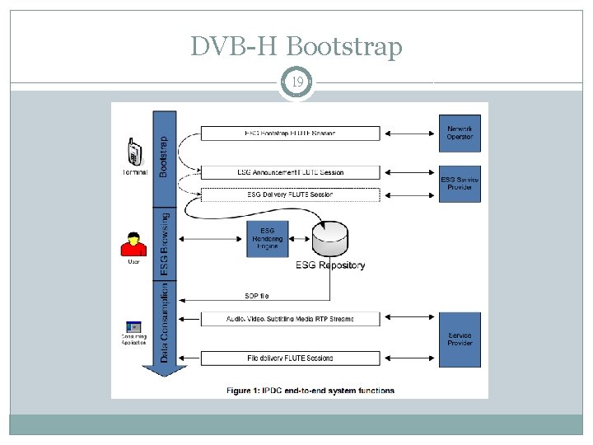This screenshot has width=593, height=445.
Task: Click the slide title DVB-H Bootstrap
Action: pos(296,47)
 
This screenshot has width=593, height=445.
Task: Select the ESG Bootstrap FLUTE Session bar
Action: pos(290,133)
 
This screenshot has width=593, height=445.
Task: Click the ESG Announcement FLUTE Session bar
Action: pos(290,172)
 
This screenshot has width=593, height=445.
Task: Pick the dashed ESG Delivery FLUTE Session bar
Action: pos(290,194)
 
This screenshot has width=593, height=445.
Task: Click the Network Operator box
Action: pos(460,133)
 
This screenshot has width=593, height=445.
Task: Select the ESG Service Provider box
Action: pos(460,184)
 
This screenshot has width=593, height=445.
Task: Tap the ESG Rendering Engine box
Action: pos(268,238)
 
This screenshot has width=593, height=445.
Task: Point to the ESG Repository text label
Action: pos(330,265)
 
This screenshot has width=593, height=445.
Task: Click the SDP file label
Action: pos(256,296)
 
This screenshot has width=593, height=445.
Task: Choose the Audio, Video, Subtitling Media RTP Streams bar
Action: pos(290,318)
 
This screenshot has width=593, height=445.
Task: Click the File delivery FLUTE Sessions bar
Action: pos(290,358)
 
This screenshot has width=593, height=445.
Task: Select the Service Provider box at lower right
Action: pos(460,339)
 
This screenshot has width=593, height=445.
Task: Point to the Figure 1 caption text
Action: pos(311,390)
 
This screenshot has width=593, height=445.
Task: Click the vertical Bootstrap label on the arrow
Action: pos(164,157)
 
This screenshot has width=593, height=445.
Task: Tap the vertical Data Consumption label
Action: pos(164,322)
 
